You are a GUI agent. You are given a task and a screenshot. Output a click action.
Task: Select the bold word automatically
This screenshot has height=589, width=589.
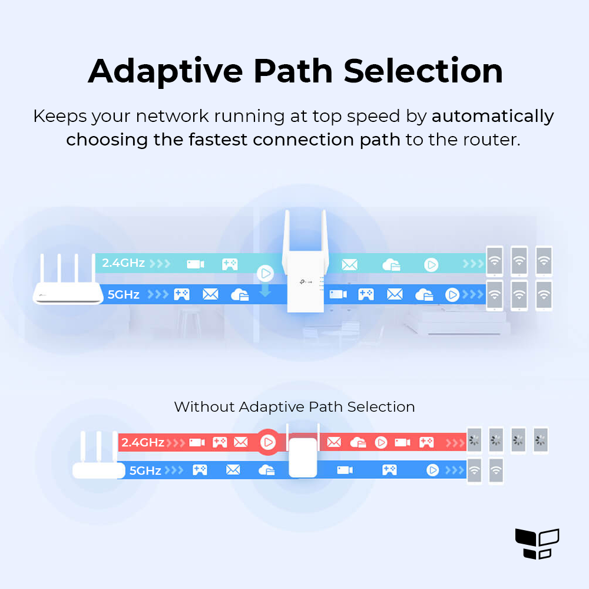click(492, 116)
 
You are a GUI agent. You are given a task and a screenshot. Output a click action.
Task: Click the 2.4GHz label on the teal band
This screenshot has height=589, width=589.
click(123, 263)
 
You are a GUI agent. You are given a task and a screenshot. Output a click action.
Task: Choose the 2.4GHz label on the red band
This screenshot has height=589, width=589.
click(143, 442)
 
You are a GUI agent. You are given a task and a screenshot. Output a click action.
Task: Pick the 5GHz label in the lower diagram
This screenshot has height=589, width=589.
click(145, 471)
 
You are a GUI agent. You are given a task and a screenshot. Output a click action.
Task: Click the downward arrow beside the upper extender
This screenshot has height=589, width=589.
click(265, 290)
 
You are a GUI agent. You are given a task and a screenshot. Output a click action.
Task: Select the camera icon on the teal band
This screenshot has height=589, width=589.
click(196, 264)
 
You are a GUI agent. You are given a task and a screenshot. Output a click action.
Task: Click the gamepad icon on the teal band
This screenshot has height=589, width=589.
click(229, 264)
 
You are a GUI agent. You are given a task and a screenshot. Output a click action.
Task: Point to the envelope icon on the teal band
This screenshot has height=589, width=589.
click(349, 264)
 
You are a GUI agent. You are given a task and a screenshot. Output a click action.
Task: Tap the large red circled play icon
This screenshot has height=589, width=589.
click(267, 442)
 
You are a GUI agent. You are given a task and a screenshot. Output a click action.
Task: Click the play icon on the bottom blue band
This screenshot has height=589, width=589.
click(433, 470)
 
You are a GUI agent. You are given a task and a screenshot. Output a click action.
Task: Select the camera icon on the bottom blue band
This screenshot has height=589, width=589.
click(345, 470)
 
